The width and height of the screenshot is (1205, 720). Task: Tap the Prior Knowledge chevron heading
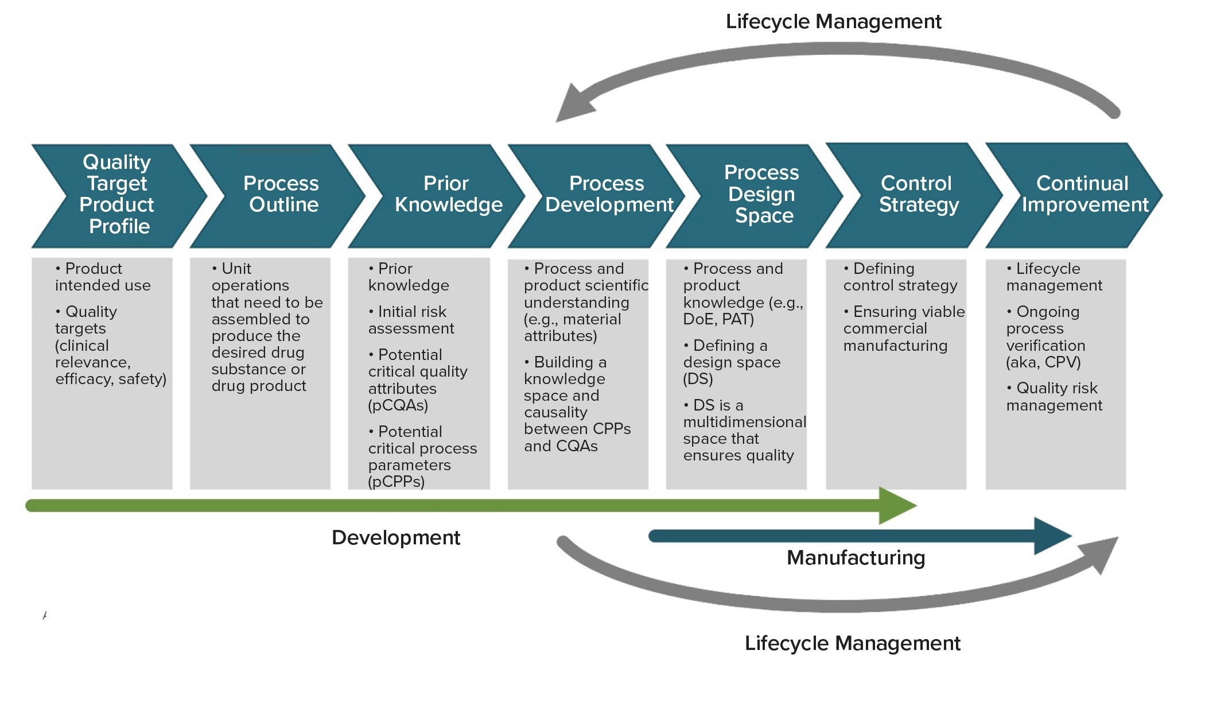(x=448, y=194)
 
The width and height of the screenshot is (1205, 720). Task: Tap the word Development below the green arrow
(x=396, y=538)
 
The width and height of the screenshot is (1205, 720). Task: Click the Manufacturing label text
(x=856, y=558)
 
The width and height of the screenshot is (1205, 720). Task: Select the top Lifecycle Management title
(x=833, y=22)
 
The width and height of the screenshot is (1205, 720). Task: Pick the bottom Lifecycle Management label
(x=852, y=644)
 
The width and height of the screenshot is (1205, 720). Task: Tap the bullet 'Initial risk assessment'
(x=411, y=320)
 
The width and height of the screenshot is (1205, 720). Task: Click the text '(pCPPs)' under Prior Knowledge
(x=396, y=482)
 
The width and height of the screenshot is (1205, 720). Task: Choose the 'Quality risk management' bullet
(x=1054, y=397)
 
